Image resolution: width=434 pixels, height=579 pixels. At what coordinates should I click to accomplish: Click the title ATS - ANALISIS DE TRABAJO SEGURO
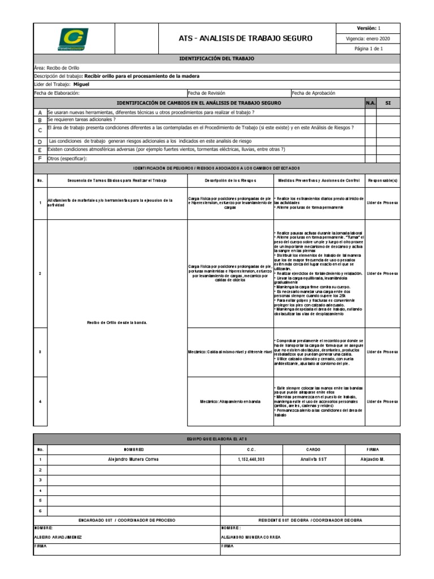coord(245,38)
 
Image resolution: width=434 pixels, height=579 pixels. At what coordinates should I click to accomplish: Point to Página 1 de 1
coord(368,49)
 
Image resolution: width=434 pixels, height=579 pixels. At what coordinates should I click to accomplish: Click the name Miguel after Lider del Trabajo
coord(81,84)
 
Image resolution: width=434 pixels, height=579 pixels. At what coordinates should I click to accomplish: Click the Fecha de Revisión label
coord(206,93)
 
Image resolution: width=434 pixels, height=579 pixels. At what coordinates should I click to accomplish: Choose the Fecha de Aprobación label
coord(314,93)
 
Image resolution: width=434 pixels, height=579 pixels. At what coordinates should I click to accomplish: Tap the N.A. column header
coord(370,103)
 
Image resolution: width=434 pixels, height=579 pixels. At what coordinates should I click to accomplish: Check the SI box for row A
coord(388,112)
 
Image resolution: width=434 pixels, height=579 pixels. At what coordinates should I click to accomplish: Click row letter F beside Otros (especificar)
coord(40,159)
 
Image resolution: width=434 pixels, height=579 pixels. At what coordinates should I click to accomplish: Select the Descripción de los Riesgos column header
coord(230,180)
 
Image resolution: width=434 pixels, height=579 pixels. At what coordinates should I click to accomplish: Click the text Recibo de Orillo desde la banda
coord(117,322)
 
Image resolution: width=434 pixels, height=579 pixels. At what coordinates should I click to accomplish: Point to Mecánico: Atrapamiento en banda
coord(230,401)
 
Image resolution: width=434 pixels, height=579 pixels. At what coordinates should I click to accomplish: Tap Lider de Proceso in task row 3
coord(383,352)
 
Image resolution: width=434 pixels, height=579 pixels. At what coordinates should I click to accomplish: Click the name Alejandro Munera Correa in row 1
coord(134,459)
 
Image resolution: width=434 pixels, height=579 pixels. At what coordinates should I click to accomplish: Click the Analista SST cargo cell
coord(314,459)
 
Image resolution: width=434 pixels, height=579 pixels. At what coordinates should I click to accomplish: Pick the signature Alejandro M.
coord(372,459)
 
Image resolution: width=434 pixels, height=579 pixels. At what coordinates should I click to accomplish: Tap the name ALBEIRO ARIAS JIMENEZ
coord(58,537)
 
